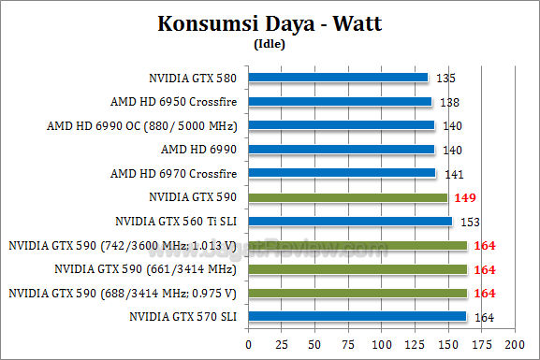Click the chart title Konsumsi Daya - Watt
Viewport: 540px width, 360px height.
coord(270,23)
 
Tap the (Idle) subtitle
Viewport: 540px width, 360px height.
coord(270,43)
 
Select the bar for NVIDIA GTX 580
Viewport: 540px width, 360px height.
coord(338,78)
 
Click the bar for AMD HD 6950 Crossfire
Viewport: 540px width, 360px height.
coord(340,101)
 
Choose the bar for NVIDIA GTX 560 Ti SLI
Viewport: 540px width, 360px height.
coord(350,222)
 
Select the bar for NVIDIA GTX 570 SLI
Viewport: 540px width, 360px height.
coord(357,318)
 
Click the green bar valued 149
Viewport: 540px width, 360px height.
coord(347,197)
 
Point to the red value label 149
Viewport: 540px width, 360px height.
coord(465,197)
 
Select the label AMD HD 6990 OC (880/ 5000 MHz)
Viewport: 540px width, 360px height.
coord(142,125)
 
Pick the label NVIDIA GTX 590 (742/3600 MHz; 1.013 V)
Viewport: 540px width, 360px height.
coord(123,246)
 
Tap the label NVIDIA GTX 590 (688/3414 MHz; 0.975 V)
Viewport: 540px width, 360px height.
coord(123,294)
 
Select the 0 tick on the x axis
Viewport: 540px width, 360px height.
coord(248,344)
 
